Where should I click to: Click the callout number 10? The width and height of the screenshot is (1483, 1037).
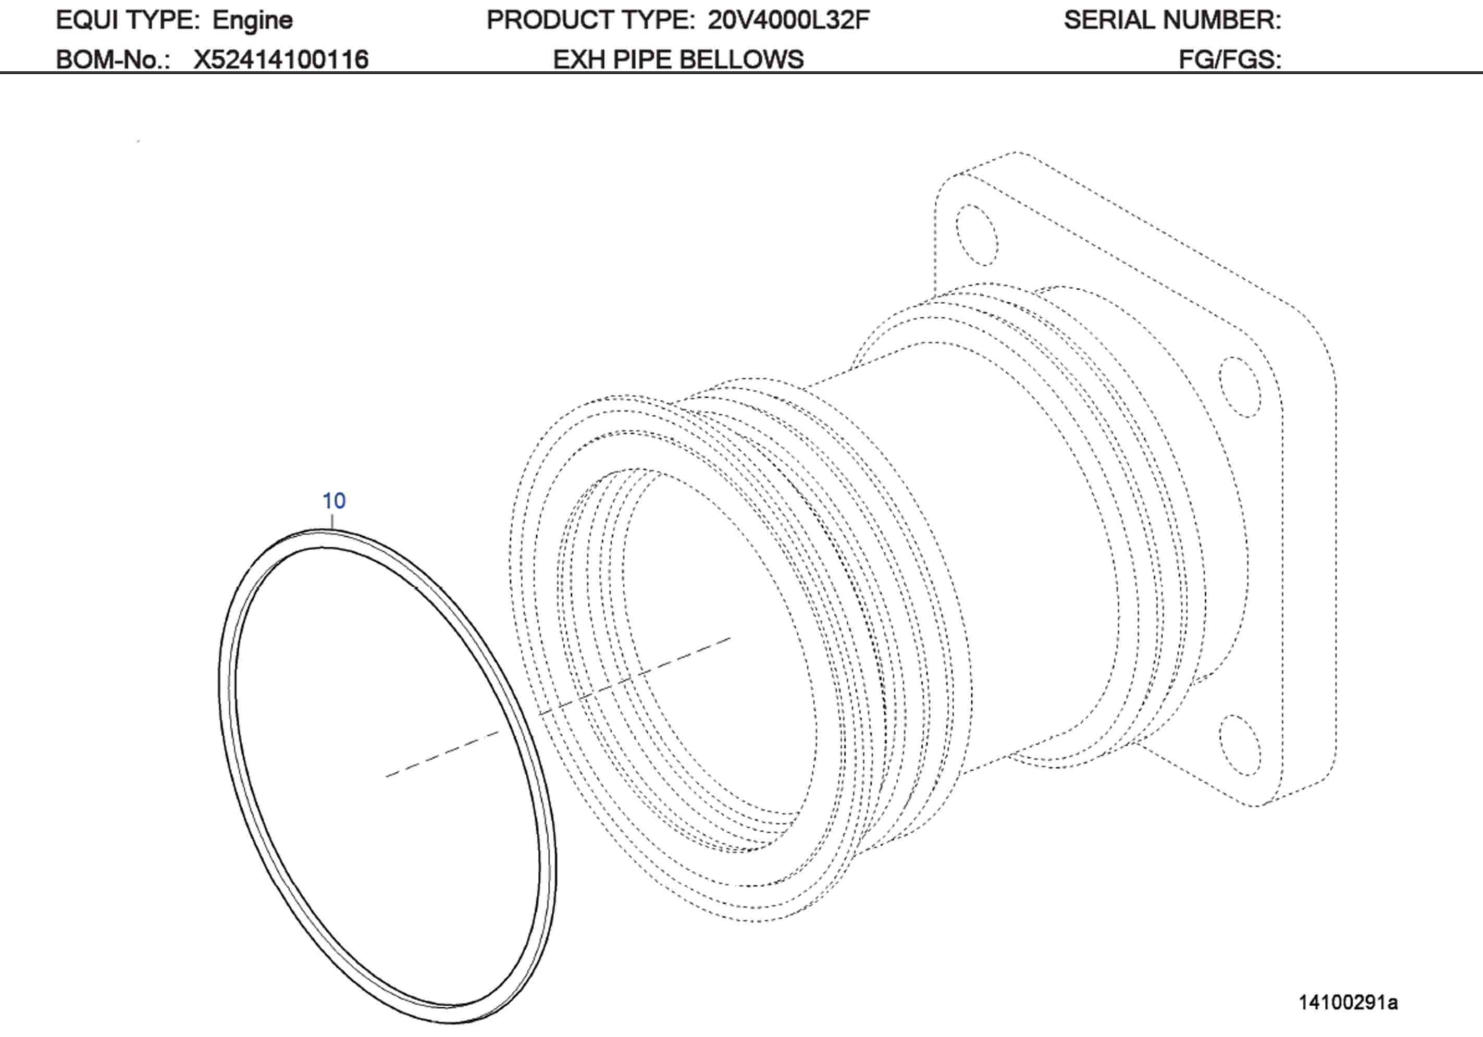(x=334, y=501)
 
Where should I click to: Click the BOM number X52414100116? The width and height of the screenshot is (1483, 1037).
(x=281, y=59)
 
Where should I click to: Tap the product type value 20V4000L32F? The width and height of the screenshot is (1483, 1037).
(x=788, y=20)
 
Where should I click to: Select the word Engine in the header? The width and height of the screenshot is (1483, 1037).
(x=253, y=20)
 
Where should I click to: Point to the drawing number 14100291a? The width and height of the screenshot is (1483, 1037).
(x=1348, y=1002)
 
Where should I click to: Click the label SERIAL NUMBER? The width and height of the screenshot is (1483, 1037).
(x=1172, y=20)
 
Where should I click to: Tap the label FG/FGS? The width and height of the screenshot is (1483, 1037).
(x=1230, y=59)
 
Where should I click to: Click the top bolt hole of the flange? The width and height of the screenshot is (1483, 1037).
(x=977, y=235)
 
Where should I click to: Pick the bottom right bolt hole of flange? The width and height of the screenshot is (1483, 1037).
(x=1240, y=745)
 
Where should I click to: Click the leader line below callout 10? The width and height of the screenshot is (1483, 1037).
(x=332, y=521)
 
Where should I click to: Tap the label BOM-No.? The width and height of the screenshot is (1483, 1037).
(x=113, y=59)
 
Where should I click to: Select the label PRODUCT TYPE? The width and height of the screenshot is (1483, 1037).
(x=590, y=20)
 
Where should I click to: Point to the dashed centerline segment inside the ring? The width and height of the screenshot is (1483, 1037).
(x=442, y=754)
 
